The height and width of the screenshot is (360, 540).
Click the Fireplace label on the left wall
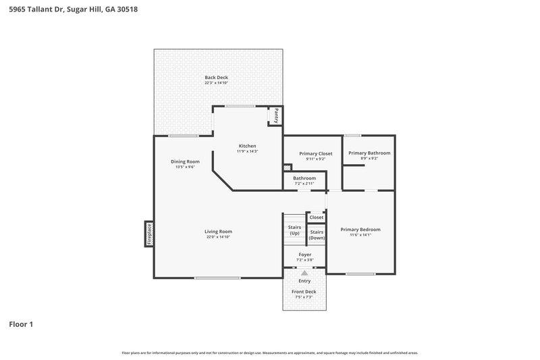click(149, 234)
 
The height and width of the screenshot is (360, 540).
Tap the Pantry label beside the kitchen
click(276, 115)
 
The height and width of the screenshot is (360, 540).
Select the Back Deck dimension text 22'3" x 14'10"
click(217, 83)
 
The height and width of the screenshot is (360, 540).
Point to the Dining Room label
click(185, 161)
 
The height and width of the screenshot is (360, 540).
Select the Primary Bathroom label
click(369, 153)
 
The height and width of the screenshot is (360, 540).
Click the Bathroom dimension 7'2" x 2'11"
click(304, 184)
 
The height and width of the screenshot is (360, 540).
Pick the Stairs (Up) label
click(294, 230)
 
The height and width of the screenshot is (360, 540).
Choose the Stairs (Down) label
click(317, 235)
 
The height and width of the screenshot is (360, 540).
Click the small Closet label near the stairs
click(316, 217)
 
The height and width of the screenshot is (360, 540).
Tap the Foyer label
click(304, 255)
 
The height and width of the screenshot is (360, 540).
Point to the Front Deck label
click(304, 292)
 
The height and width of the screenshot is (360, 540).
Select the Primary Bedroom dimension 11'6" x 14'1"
click(360, 235)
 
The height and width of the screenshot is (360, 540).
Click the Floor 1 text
click(21, 325)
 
